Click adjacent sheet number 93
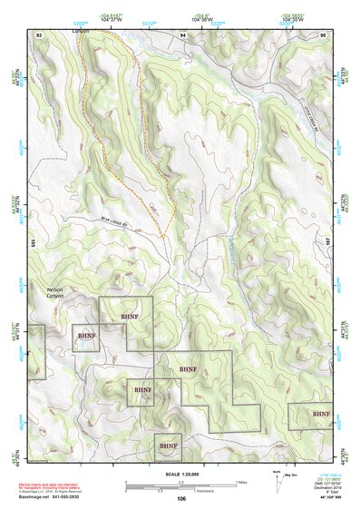(39, 34)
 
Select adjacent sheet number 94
(183, 34)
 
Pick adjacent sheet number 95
(323, 34)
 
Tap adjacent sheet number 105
(32, 243)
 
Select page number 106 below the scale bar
(181, 498)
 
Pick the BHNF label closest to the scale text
(168, 446)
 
